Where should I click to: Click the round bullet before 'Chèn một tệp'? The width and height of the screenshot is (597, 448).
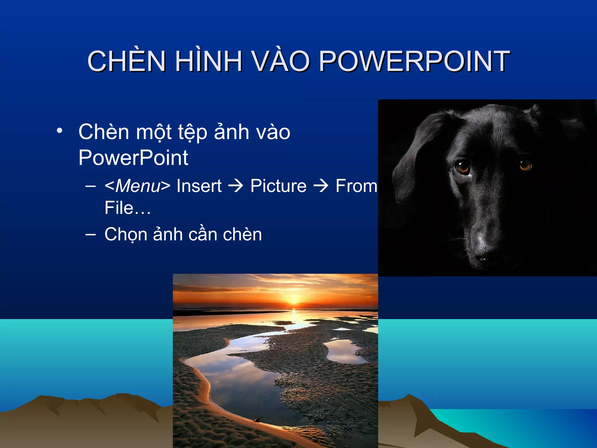click(59, 131)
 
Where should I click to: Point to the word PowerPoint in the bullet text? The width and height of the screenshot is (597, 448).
click(133, 158)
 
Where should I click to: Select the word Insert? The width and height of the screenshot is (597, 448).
click(199, 186)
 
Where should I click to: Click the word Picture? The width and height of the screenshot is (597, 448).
click(278, 186)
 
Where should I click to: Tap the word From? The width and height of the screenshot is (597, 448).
click(356, 186)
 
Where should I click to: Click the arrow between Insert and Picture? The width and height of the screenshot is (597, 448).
click(236, 186)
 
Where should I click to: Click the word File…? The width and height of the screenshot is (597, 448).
click(128, 208)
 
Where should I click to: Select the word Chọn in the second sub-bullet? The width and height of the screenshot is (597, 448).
click(126, 235)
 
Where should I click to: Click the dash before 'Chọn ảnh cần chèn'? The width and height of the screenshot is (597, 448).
click(91, 234)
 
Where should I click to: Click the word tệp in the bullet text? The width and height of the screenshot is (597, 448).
click(192, 132)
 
